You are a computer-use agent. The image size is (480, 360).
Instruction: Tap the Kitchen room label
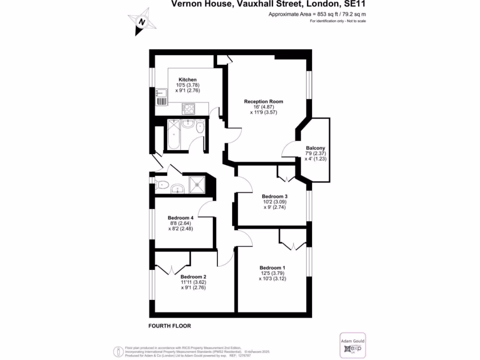coord(187,80)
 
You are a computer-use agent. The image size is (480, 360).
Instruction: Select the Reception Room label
coord(263,101)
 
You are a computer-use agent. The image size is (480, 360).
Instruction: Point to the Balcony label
coord(315,148)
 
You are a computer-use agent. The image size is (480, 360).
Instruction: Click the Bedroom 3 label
coord(275,196)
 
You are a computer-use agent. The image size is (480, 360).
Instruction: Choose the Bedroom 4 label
coord(181,217)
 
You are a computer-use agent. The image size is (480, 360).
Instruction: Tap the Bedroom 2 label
coord(194,276)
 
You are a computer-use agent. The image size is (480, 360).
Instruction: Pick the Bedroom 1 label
coord(272,268)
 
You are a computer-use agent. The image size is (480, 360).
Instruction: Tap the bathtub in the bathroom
coord(173,134)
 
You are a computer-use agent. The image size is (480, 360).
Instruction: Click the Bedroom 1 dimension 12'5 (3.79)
coord(272,273)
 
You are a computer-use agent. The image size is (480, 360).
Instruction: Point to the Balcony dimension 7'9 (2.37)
coord(315,153)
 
